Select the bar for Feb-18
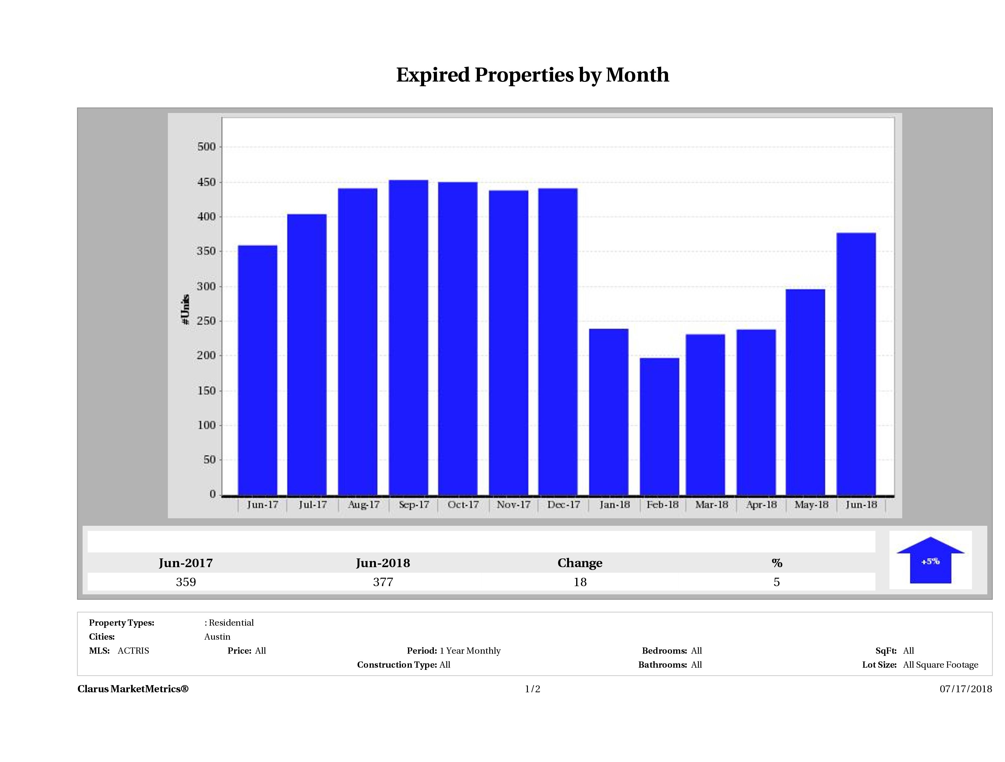[x=659, y=426]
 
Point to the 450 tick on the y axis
[x=207, y=182]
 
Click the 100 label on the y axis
[x=207, y=426]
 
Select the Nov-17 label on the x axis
[x=514, y=505]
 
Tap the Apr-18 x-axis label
[x=761, y=505]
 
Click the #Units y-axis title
[x=185, y=309]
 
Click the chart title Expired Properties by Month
[x=533, y=75]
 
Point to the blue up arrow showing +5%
[x=930, y=561]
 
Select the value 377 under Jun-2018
[x=383, y=582]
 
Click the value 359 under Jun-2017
[x=186, y=582]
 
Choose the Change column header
[x=580, y=563]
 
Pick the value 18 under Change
[x=580, y=582]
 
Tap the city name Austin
[x=217, y=637]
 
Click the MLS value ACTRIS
[x=133, y=651]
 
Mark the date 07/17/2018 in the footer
[x=965, y=689]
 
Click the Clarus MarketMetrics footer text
[x=133, y=689]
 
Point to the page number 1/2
[x=533, y=689]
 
